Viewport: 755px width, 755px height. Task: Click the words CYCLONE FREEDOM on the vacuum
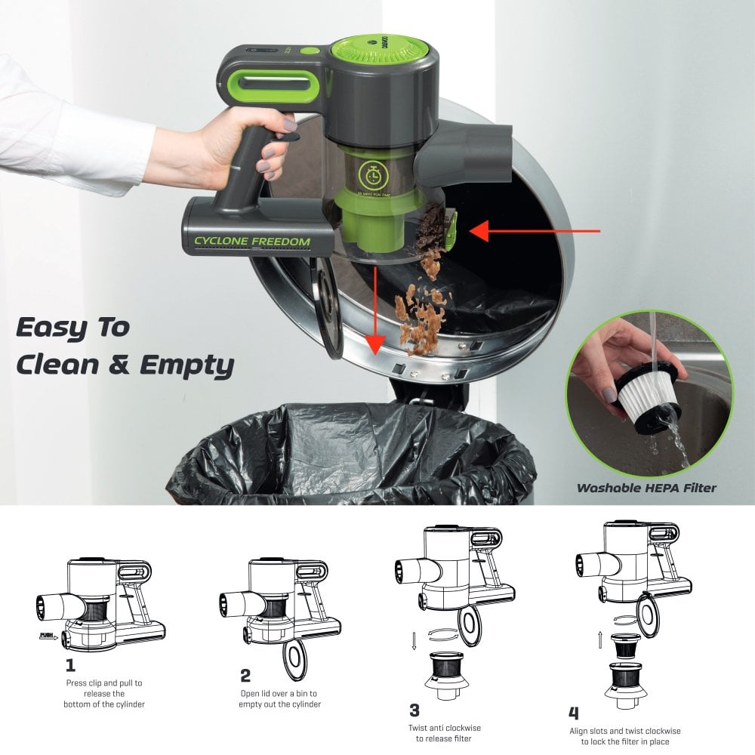[252, 242]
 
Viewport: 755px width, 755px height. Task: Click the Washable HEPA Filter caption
[646, 488]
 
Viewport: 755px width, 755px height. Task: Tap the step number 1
[70, 666]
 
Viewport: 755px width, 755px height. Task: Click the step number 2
[245, 675]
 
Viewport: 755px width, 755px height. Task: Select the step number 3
[414, 709]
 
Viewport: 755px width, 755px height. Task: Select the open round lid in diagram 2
[294, 659]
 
